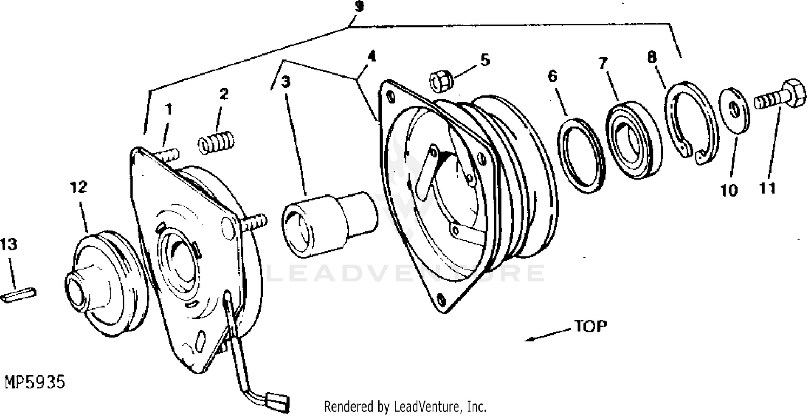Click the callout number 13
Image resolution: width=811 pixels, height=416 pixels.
pos(8,245)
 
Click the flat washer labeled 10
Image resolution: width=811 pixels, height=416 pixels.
pos(734,110)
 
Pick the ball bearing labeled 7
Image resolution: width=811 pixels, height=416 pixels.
pos(634,140)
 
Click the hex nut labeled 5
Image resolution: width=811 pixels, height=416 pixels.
pos(441,82)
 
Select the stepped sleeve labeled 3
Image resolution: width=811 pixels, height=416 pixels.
pos(329,224)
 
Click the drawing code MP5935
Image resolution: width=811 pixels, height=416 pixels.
pos(35,382)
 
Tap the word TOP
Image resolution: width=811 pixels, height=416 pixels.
pos(590,326)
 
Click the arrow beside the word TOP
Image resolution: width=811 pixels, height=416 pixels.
pos(549,334)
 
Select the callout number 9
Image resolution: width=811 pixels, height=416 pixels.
pos(358,6)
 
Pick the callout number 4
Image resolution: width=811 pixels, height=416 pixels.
pos(371,56)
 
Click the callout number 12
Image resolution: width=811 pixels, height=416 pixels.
pos(78,187)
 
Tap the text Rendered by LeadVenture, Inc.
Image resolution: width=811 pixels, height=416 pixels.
pos(405,407)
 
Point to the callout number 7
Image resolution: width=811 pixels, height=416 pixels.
pos(602,64)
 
